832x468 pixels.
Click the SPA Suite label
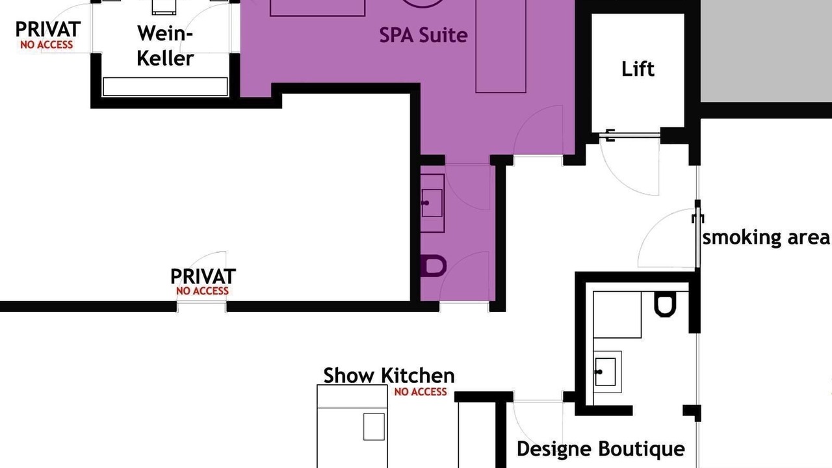point(423,35)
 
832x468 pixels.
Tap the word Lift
point(638,69)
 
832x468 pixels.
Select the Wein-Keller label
point(165,45)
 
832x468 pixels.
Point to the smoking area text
point(766,237)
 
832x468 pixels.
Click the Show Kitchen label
point(389,375)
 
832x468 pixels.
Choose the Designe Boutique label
point(601,449)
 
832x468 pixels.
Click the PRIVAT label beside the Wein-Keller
point(48,29)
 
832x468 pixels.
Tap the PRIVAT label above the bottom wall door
point(203,276)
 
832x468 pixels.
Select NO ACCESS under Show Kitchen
point(421,391)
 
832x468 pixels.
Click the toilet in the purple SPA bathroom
point(433,266)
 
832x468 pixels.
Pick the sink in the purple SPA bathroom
point(433,203)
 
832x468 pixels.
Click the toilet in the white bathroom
point(665,304)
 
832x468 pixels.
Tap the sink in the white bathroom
point(607,372)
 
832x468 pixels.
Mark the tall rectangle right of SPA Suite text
point(500,46)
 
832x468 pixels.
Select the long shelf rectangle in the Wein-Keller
point(165,86)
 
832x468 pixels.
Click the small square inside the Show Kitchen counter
point(374,427)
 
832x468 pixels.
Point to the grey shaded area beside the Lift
point(766,51)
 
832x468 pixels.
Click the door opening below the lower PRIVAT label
point(201,307)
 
